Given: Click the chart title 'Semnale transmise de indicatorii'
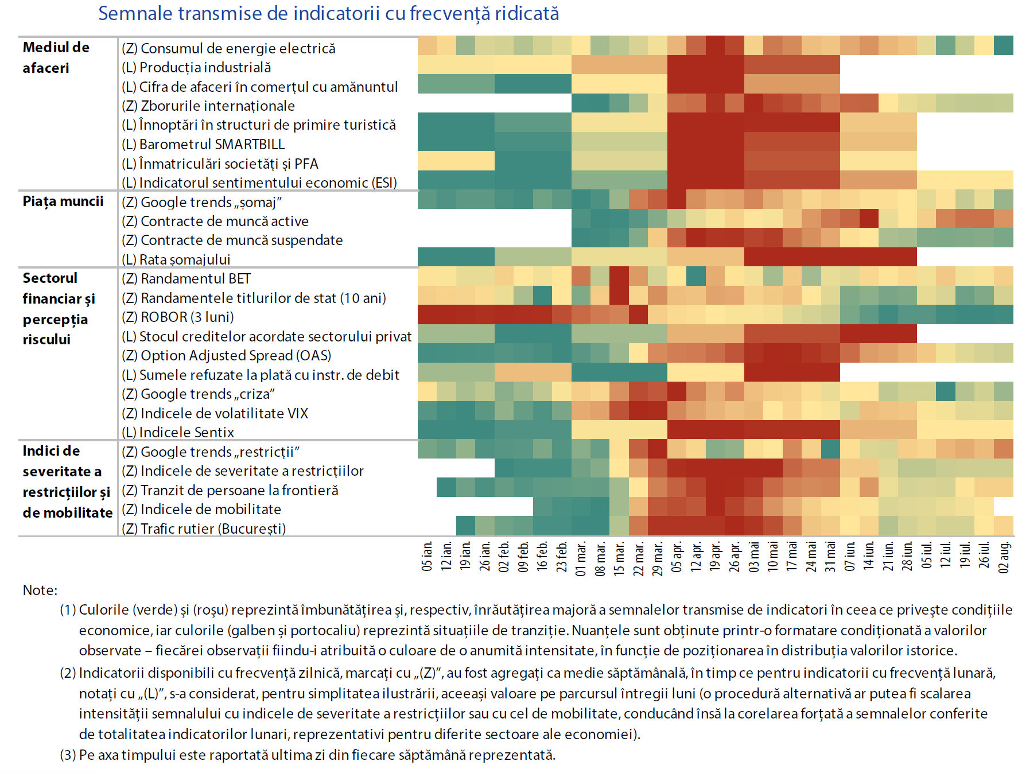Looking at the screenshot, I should tap(328, 13).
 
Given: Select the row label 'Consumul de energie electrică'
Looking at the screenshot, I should tap(238, 48).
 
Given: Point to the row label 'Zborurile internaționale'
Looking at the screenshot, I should tap(217, 106).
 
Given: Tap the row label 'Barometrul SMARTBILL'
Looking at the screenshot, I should tap(212, 144).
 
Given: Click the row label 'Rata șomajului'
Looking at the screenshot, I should tap(184, 259).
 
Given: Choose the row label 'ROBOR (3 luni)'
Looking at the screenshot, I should tap(187, 317).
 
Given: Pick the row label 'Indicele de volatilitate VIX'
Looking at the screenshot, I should tap(224, 413).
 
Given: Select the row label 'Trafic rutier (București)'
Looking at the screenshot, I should tap(213, 529).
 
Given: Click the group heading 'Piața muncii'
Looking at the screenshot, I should tap(63, 201).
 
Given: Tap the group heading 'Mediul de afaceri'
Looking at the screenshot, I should tap(56, 57).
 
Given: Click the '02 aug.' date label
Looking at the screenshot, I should tap(1004, 557).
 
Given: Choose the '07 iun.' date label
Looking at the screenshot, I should tap(850, 557).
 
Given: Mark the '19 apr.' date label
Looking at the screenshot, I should tap(716, 557).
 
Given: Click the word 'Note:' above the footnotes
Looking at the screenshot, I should tap(40, 590).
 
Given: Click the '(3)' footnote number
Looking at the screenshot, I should tap(68, 755).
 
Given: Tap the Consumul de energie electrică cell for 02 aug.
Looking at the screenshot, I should tap(1004, 45).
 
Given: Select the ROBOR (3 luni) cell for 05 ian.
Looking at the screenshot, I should tap(427, 314).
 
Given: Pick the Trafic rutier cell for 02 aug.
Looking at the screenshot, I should tap(1004, 526).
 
